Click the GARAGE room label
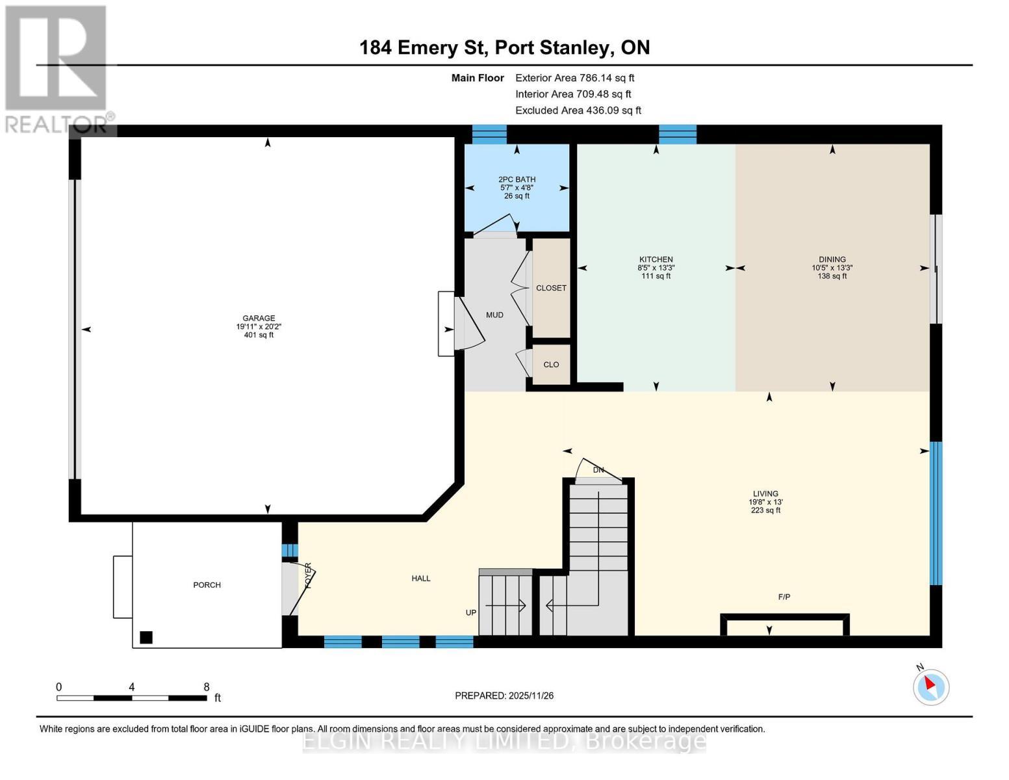point(259,318)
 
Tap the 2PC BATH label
point(517,179)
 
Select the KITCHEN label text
point(656,259)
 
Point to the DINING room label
point(832,259)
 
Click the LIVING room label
point(765,494)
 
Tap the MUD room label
point(494,315)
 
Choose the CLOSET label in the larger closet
point(551,288)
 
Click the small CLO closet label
point(551,365)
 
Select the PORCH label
point(207,585)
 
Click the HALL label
point(421,578)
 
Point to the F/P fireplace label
point(784,597)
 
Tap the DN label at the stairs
point(598,470)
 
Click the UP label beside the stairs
point(471,613)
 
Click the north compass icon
point(930,686)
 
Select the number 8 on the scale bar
point(207,687)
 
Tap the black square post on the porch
point(146,638)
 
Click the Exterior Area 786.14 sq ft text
point(574,78)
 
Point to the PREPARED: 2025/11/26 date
point(504,695)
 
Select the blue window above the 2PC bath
point(489,135)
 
